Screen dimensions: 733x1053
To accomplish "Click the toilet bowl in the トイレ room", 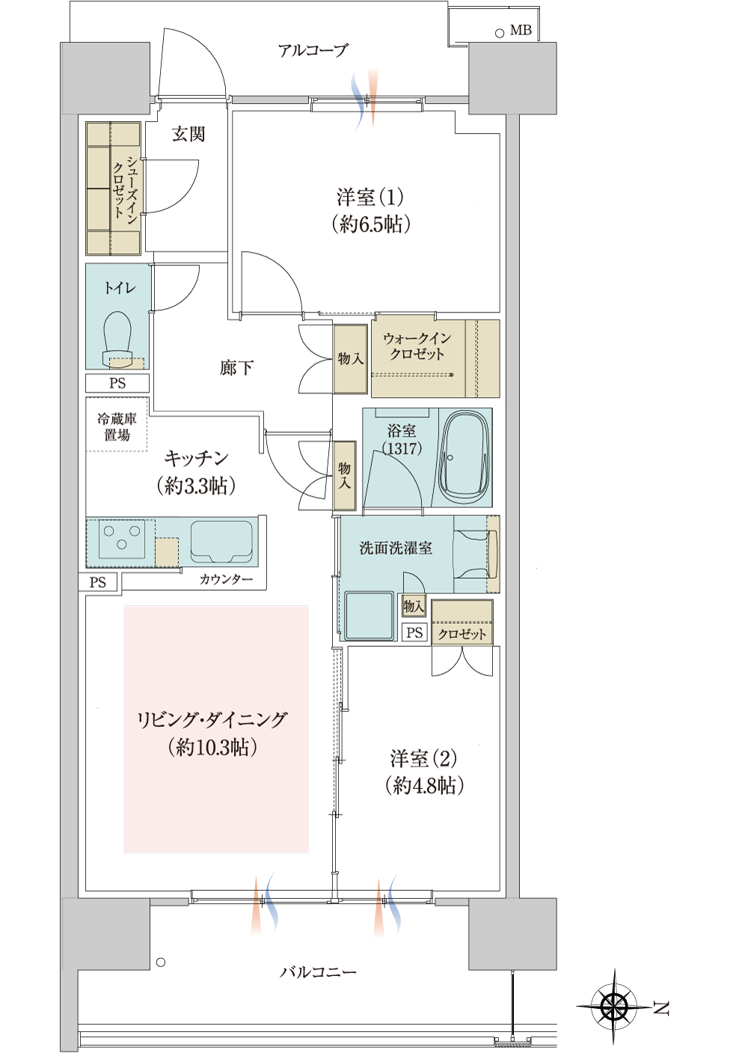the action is point(117,337).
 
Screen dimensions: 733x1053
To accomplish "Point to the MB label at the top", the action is point(521,31).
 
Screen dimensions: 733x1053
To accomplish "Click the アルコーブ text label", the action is point(313,50).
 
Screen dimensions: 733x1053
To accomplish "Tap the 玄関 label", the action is point(188,135).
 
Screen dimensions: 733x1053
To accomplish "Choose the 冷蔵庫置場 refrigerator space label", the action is point(117,427).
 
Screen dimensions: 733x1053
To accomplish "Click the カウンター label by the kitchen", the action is point(226,579).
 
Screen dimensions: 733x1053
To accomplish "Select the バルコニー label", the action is point(317,971).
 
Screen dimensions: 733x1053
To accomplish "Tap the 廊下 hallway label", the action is point(236,368).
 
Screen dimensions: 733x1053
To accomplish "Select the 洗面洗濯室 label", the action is point(396,547).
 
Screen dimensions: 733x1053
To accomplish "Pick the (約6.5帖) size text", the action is point(370,224).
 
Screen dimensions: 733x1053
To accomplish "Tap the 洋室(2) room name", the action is point(423,758).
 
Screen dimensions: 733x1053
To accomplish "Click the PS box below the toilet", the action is point(117,383).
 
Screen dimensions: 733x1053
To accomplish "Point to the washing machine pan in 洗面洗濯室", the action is point(369,615).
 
